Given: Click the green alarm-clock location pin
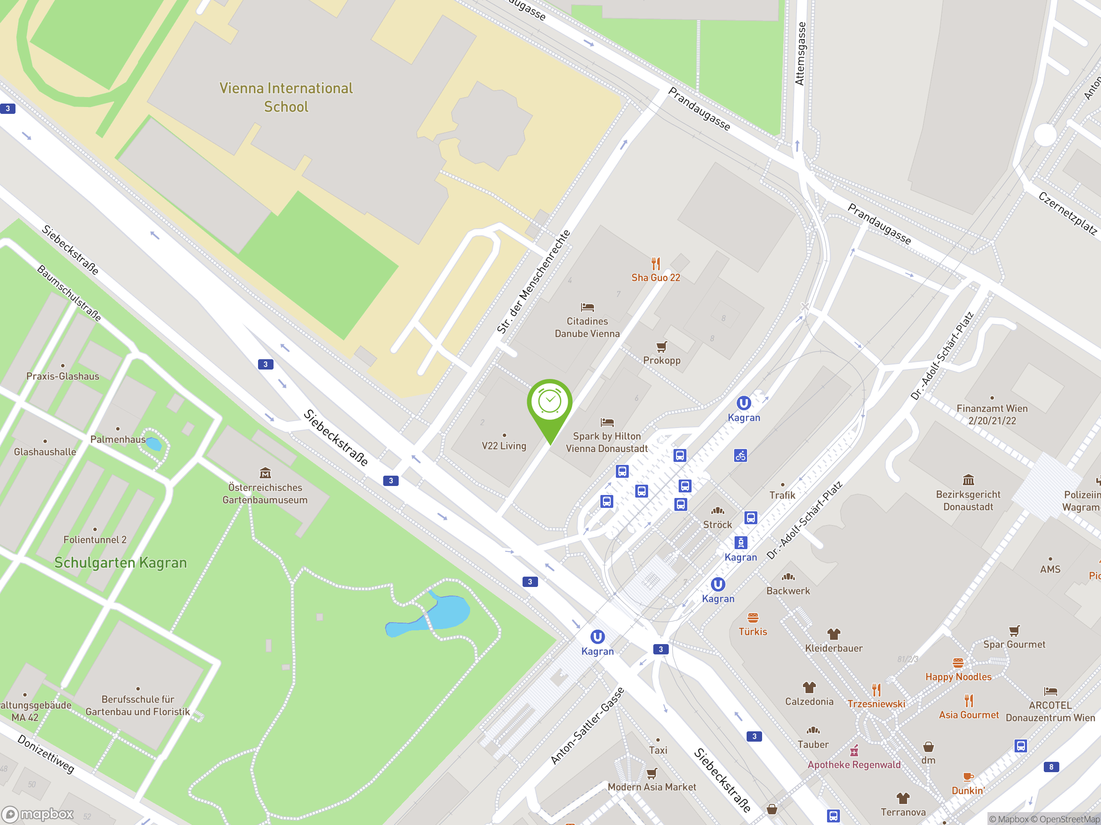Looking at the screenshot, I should click(x=550, y=403).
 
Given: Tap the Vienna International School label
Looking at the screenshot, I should click(x=286, y=98).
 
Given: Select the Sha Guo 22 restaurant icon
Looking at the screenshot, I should click(x=655, y=263).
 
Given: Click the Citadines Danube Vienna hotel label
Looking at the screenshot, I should click(x=587, y=327).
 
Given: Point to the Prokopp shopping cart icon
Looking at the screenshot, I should click(x=661, y=347).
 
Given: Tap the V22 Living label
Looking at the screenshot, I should click(x=504, y=446).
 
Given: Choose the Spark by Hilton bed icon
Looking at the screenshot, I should click(x=607, y=423).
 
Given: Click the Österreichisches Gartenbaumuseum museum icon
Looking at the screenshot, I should click(x=265, y=473).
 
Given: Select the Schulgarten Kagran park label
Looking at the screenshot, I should click(x=120, y=563).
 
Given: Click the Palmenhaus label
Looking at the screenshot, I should click(x=118, y=440).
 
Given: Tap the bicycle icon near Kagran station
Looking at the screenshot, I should click(x=740, y=455).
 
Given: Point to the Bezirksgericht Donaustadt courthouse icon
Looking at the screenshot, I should click(x=968, y=480).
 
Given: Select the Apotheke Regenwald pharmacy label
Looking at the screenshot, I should click(x=854, y=765).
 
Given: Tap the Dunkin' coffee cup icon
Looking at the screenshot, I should click(x=968, y=777).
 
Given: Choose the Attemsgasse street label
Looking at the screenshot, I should click(x=800, y=54).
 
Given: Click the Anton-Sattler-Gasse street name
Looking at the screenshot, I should click(x=587, y=727).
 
